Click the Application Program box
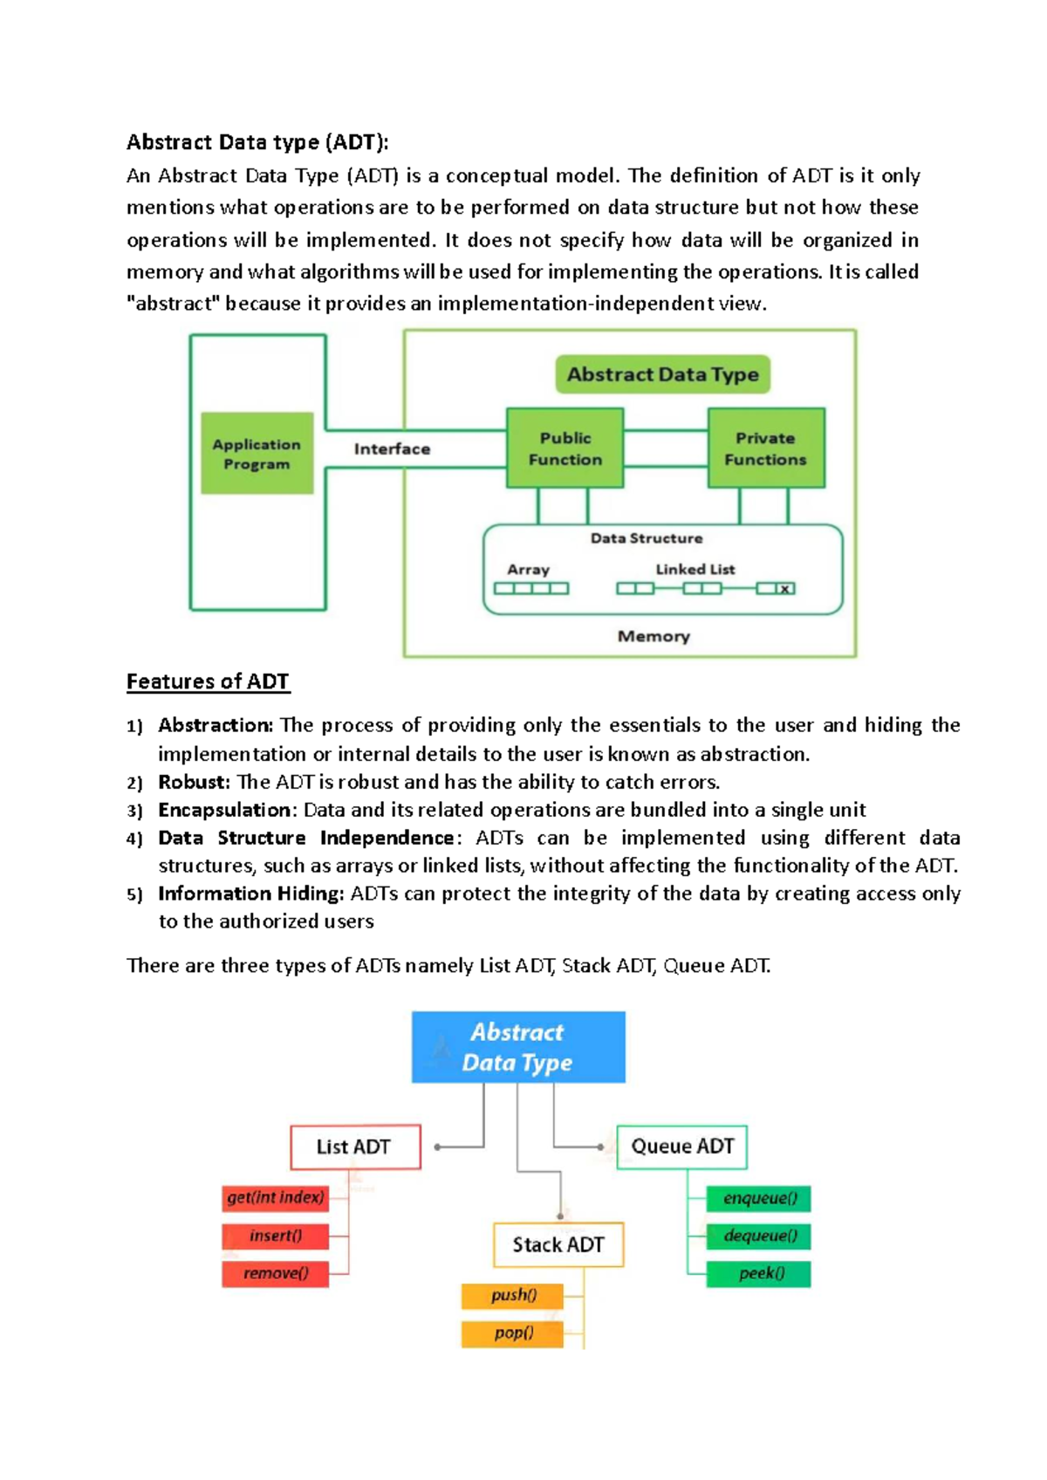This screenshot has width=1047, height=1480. [257, 453]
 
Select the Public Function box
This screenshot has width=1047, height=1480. [565, 448]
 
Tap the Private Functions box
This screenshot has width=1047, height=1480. [766, 448]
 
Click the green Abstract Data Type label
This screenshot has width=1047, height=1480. [662, 374]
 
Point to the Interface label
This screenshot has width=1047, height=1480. [393, 449]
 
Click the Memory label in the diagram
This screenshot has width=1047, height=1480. [654, 636]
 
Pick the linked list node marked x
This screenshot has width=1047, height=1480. [784, 589]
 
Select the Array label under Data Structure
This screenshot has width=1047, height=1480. [529, 570]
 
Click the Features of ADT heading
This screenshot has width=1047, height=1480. [208, 682]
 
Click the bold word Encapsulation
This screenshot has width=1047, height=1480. [224, 810]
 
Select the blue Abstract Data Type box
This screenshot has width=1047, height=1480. [518, 1047]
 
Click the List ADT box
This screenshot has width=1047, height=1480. [355, 1147]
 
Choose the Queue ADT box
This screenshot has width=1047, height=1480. [681, 1147]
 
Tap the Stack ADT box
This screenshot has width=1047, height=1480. [558, 1244]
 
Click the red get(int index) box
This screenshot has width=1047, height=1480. [276, 1198]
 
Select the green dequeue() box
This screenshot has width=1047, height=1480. [758, 1236]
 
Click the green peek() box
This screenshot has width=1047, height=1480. [758, 1273]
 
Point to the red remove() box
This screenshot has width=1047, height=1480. [276, 1274]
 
